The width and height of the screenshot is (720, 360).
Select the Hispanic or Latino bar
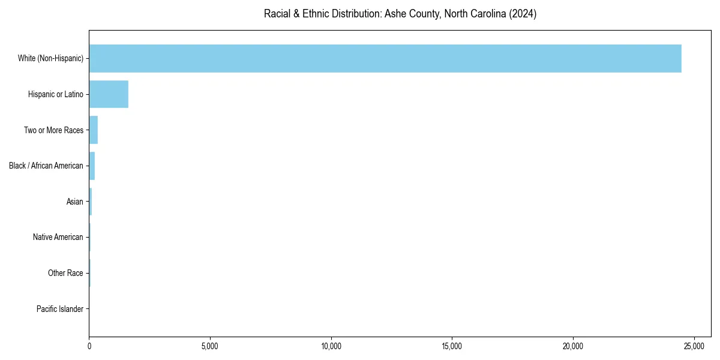pyautogui.click(x=109, y=94)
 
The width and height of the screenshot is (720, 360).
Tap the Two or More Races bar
pyautogui.click(x=94, y=130)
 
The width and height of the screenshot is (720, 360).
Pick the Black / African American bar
pyautogui.click(x=92, y=166)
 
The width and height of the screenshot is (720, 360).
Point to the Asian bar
pyautogui.click(x=91, y=202)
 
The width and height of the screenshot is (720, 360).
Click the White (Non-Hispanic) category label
pyautogui.click(x=50, y=58)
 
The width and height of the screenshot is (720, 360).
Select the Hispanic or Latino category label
pyautogui.click(x=56, y=94)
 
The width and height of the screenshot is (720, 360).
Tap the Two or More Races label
pyautogui.click(x=53, y=130)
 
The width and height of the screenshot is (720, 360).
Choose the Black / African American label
pyautogui.click(x=46, y=166)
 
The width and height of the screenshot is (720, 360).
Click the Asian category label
pyautogui.click(x=75, y=202)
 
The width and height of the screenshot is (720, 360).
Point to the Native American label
pyautogui.click(x=58, y=238)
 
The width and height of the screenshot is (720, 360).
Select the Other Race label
pyautogui.click(x=65, y=274)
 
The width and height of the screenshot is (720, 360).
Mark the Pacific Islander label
pyautogui.click(x=60, y=309)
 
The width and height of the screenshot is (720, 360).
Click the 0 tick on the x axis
pyautogui.click(x=89, y=346)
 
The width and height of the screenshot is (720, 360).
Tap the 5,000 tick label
pyautogui.click(x=210, y=346)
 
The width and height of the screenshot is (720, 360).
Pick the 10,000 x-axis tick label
pyautogui.click(x=331, y=346)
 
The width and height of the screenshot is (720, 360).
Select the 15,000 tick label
pyautogui.click(x=452, y=346)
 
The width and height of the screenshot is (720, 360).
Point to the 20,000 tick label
pyautogui.click(x=573, y=346)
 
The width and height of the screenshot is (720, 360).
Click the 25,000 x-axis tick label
pyautogui.click(x=694, y=346)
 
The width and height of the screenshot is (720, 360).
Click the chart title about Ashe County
pyautogui.click(x=400, y=14)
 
